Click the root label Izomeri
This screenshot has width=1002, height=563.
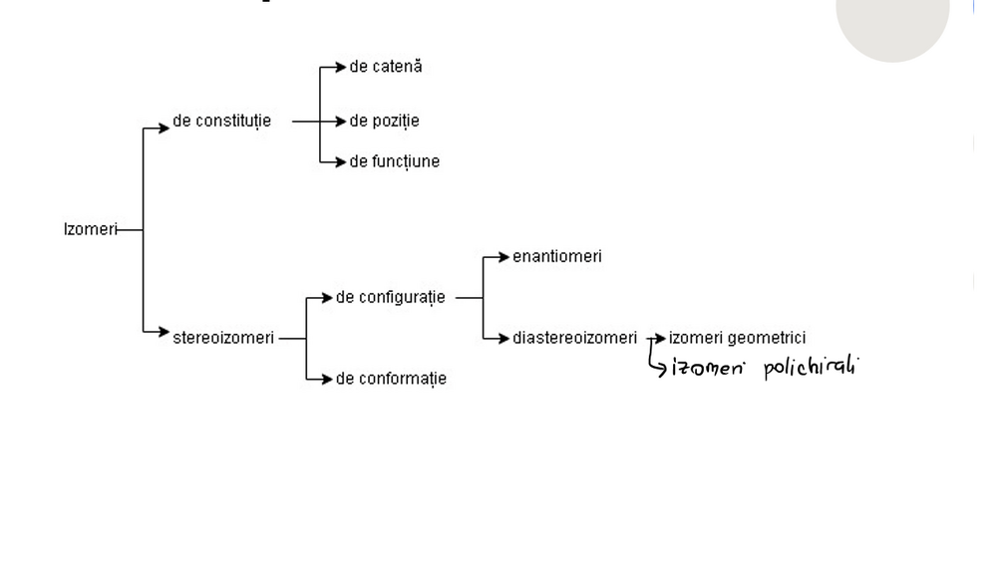90,230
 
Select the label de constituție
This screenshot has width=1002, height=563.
221,122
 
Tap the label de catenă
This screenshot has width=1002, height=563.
386,67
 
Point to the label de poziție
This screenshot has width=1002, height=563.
384,122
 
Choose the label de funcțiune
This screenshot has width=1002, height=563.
394,161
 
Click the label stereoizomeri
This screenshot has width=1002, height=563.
222,338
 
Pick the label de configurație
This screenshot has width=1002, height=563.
390,297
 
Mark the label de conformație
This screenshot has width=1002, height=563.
391,379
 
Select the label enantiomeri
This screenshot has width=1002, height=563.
556,256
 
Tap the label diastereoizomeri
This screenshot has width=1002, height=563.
574,338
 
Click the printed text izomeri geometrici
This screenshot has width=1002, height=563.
737,338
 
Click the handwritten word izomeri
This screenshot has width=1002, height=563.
708,368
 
